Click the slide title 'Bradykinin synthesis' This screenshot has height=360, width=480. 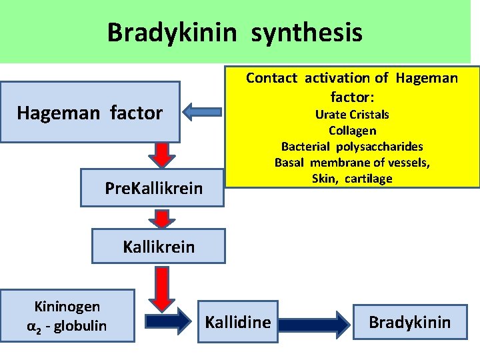pyautogui.click(x=235, y=32)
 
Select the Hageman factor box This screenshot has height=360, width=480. pyautogui.click(x=90, y=113)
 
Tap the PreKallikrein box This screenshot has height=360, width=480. pyautogui.click(x=153, y=189)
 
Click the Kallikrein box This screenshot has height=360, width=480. pyautogui.click(x=159, y=247)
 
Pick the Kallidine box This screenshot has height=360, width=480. pyautogui.click(x=238, y=323)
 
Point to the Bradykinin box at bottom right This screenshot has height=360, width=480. pyautogui.click(x=409, y=323)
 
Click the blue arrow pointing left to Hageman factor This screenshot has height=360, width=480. pyautogui.click(x=203, y=113)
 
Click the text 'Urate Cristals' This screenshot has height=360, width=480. pyautogui.click(x=352, y=115)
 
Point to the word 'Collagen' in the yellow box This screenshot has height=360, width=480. pyautogui.click(x=352, y=131)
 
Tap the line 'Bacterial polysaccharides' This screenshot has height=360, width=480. pyautogui.click(x=352, y=147)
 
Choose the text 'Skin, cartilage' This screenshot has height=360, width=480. pyautogui.click(x=352, y=179)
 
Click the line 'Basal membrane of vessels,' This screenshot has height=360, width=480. pyautogui.click(x=352, y=163)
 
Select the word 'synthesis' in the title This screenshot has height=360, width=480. pyautogui.click(x=307, y=32)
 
